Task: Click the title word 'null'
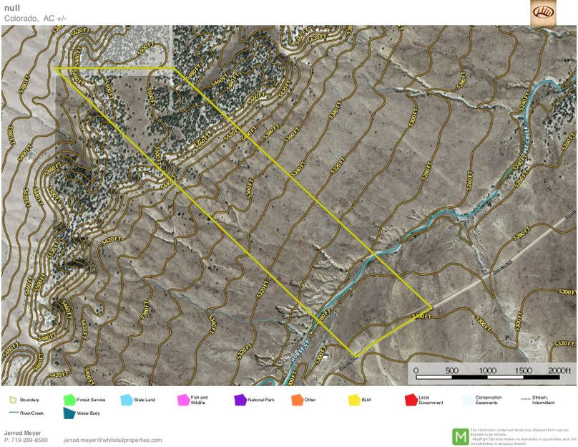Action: pos(12,8)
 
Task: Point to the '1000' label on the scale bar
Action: pos(488,370)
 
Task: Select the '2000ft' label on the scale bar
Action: pos(560,370)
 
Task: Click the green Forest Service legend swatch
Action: pos(69,400)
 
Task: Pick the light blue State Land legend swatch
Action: pos(127,400)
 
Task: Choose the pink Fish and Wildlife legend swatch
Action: pos(183,400)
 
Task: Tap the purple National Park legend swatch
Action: pos(240,400)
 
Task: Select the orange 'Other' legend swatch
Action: pos(297,400)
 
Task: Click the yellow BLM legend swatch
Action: pos(353,400)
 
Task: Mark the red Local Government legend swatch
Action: pos(411,400)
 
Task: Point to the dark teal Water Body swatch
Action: pos(69,413)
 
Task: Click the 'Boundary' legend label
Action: pos(29,400)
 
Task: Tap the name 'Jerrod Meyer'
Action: pos(21,433)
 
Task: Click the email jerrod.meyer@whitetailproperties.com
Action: pos(112,440)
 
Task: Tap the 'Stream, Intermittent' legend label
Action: pos(544,400)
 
